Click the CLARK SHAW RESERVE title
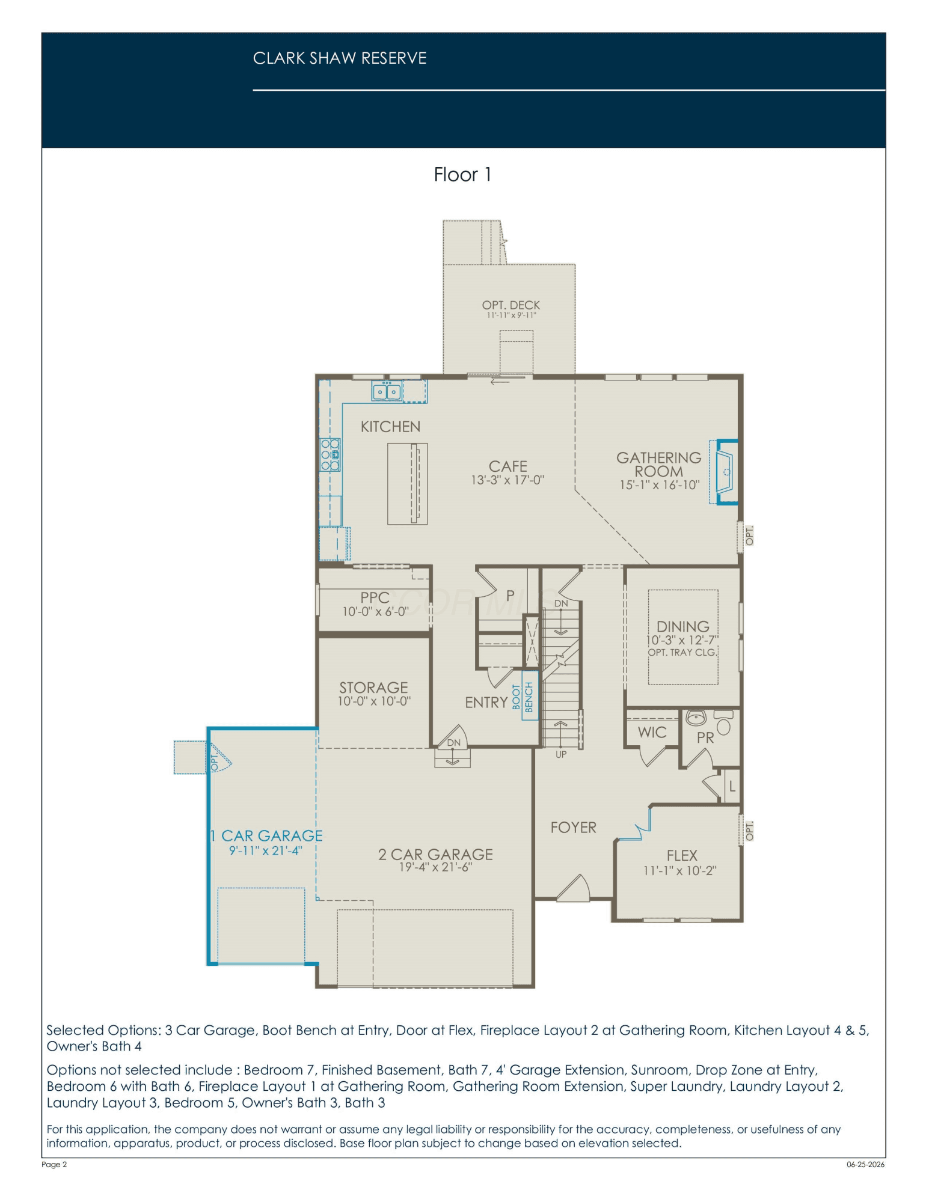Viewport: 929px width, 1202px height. click(x=340, y=58)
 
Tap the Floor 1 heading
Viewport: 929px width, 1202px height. click(x=462, y=174)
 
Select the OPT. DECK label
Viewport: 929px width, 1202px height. click(x=511, y=305)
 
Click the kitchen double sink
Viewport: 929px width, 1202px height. click(x=387, y=392)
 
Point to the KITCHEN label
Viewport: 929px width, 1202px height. click(x=390, y=427)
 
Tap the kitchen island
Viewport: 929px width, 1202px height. click(x=407, y=484)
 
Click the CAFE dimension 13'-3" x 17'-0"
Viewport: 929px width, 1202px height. click(x=507, y=480)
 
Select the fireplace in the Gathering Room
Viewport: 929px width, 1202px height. click(x=725, y=472)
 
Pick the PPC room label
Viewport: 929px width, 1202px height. click(x=375, y=597)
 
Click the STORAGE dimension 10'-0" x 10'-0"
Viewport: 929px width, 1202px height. click(x=374, y=701)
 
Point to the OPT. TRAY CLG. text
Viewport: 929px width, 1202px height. click(x=682, y=653)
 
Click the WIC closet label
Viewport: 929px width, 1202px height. click(x=652, y=732)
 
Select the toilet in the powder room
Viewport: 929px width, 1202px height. click(x=723, y=722)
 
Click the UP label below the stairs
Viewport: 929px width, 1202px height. click(x=561, y=755)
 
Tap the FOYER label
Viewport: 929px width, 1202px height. click(x=574, y=828)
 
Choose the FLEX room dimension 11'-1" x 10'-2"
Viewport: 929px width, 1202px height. click(x=680, y=871)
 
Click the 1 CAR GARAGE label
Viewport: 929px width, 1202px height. click(x=266, y=836)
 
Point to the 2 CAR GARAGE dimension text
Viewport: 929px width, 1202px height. click(x=435, y=867)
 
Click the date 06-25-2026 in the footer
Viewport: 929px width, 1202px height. click(x=866, y=1165)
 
